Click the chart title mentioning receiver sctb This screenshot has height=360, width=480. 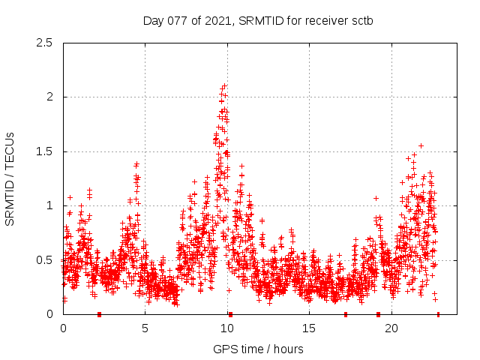pos(258,20)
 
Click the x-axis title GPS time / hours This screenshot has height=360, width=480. pos(258,349)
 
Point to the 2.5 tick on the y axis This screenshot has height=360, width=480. pos(47,43)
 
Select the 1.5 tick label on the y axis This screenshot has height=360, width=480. pos(47,151)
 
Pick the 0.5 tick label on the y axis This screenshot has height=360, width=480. pos(47,260)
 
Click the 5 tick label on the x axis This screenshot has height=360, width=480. pos(145,328)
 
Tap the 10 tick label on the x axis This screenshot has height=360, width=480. pos(227,328)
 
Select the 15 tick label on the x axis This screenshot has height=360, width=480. pos(309,328)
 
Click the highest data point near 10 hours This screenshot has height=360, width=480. pos(224,85)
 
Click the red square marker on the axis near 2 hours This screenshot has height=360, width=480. pos(99,314)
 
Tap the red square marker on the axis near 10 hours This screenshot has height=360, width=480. pos(230,314)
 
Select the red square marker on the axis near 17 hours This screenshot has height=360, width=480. pos(346,314)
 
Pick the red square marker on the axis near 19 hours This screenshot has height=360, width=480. pos(378,314)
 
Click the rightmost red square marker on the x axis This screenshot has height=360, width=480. pos(438,314)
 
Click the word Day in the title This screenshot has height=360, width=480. pos(153,20)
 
